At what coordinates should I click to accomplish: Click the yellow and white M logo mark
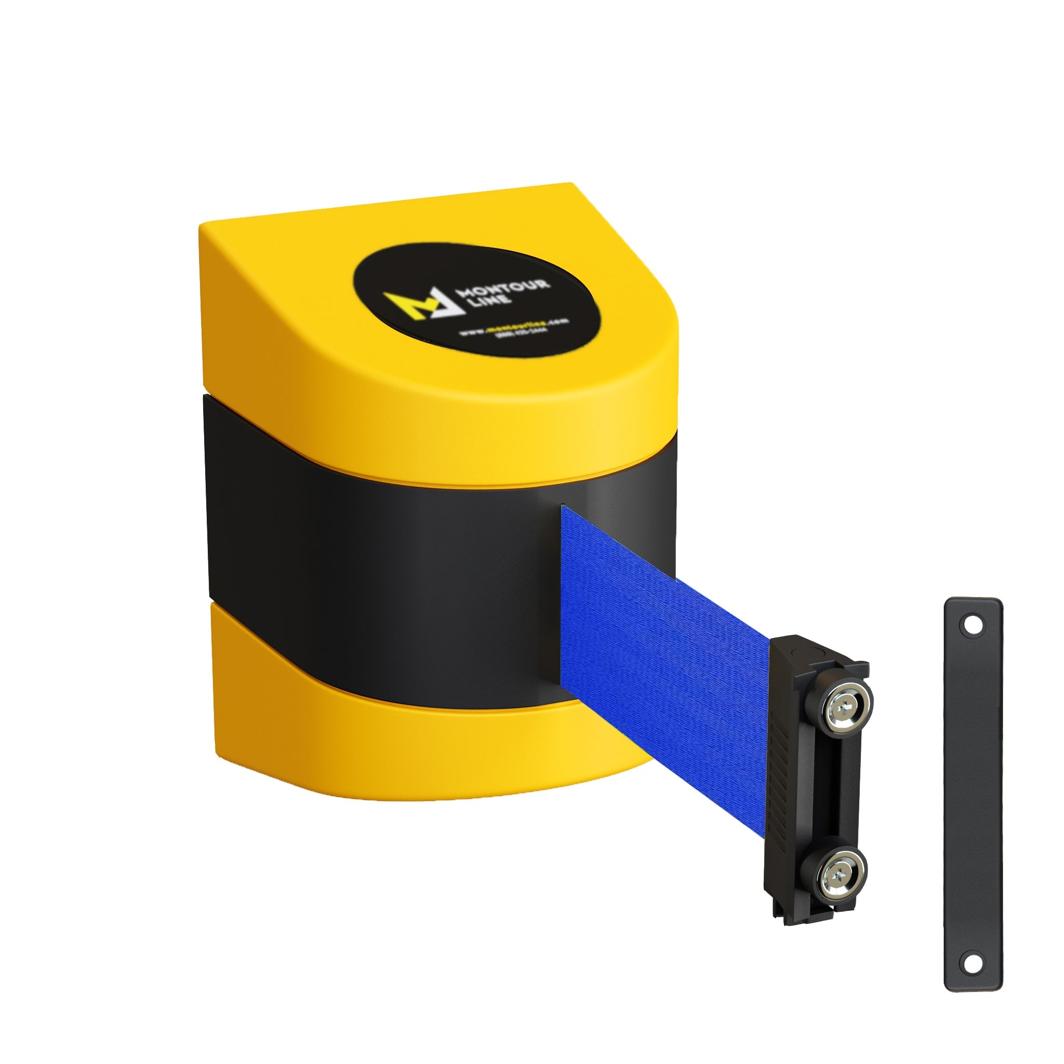point(421,303)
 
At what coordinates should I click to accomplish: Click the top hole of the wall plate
point(973,626)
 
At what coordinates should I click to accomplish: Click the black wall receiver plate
point(973,793)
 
